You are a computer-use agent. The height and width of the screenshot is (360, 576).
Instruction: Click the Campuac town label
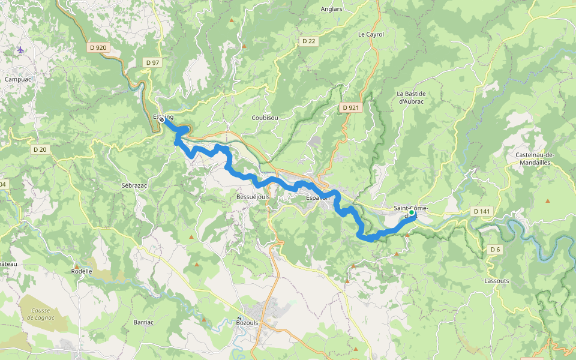point(17,79)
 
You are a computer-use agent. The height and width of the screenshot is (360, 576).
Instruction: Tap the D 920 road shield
point(97,47)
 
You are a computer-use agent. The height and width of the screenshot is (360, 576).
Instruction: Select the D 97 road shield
point(152,62)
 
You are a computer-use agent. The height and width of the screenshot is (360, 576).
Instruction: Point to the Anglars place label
point(332,9)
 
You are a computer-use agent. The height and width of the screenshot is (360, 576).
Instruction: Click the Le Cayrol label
point(371,34)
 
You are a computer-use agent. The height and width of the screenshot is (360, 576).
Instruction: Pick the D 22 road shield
point(308,41)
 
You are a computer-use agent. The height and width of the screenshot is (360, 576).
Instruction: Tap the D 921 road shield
point(352,107)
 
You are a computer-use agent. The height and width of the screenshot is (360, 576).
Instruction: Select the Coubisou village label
point(265,118)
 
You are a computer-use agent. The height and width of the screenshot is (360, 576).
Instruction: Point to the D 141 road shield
point(482,211)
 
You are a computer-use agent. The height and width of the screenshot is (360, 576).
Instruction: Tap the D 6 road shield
point(494,249)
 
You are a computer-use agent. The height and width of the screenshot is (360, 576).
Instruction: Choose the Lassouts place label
point(496,280)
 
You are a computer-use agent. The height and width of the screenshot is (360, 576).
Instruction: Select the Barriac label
point(144,322)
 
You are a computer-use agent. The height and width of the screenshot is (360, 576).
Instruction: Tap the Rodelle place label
point(82,271)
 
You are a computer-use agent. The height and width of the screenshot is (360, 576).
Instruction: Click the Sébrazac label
point(134,186)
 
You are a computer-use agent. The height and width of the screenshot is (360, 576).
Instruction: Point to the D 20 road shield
point(40,149)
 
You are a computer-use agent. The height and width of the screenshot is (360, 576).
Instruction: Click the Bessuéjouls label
point(253,196)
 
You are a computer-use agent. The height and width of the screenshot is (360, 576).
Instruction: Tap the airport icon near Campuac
point(22,49)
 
